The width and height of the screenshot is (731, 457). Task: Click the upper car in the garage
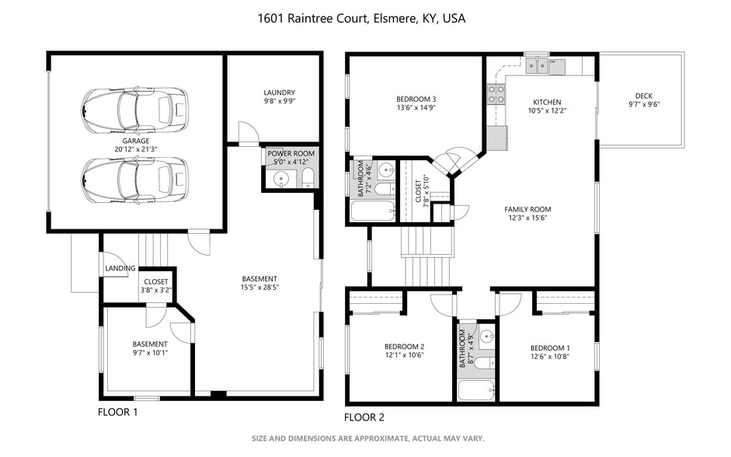(134, 110)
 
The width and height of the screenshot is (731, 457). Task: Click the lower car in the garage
(134, 180)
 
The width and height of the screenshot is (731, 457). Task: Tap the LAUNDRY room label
(279, 92)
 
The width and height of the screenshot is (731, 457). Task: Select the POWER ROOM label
(291, 154)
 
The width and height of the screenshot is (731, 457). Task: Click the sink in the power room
(280, 180)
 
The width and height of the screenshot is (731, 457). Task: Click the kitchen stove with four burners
(496, 95)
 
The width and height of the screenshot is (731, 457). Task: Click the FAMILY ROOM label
(527, 210)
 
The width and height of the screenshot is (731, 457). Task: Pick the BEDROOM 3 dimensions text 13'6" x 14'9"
(416, 109)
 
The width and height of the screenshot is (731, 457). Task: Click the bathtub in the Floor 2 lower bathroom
(475, 389)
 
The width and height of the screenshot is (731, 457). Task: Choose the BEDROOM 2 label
(404, 347)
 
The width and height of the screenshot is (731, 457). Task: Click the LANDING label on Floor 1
(120, 269)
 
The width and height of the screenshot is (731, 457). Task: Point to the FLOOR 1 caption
(117, 412)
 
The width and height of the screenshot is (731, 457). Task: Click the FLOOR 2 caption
(364, 417)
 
